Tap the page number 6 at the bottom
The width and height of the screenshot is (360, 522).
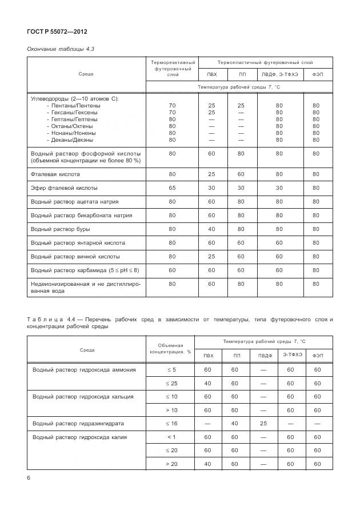click(x=29, y=478)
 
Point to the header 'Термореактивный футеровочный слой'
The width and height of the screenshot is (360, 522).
click(x=171, y=68)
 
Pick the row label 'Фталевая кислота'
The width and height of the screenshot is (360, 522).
click(x=55, y=174)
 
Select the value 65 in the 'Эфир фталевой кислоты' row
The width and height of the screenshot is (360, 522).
click(x=172, y=188)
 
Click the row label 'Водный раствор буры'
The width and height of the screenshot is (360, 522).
click(x=58, y=229)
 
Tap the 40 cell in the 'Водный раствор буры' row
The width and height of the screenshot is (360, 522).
click(x=211, y=229)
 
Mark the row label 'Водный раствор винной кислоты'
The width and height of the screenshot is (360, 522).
click(x=75, y=256)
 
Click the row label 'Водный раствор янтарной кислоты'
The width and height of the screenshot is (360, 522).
click(x=77, y=242)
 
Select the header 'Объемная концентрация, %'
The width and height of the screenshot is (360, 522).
click(x=171, y=349)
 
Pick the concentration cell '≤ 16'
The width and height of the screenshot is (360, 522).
click(x=171, y=424)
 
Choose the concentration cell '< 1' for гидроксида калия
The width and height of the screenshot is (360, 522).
click(x=171, y=437)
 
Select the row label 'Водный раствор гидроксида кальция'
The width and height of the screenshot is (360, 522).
click(x=83, y=396)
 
